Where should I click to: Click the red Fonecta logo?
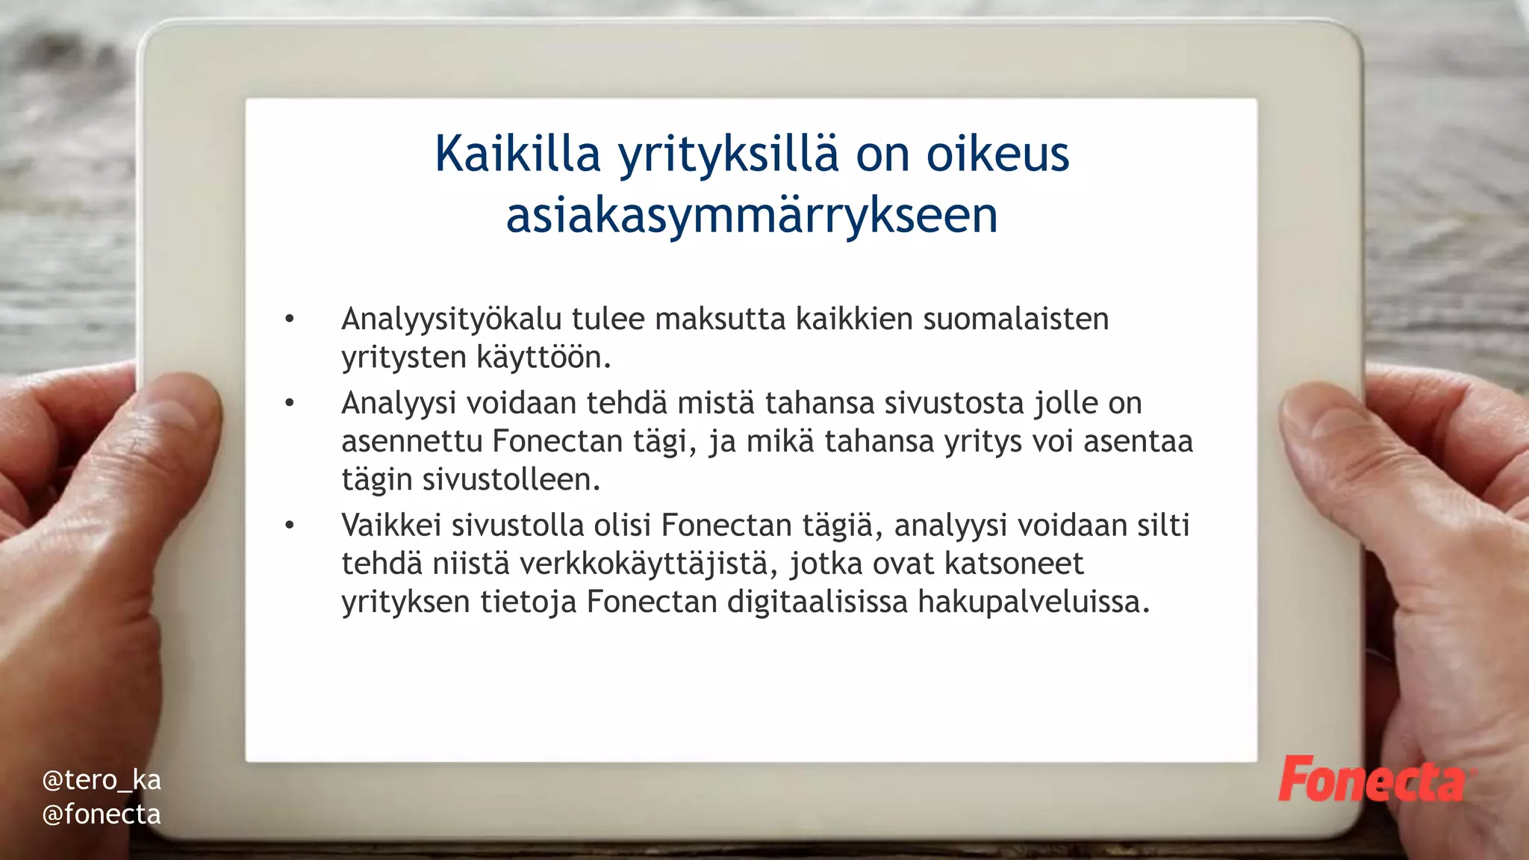(x=1374, y=780)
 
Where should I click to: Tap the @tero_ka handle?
(x=102, y=780)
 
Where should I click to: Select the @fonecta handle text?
(x=102, y=814)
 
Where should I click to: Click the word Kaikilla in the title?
(x=517, y=154)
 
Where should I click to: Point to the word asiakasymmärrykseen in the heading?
(x=752, y=216)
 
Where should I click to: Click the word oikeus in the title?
(x=998, y=154)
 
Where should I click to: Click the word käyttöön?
(x=544, y=357)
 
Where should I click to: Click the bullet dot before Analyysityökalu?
(x=290, y=320)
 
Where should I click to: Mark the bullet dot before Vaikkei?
(x=290, y=526)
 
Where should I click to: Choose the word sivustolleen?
(x=511, y=479)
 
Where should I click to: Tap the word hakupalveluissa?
(x=1033, y=602)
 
